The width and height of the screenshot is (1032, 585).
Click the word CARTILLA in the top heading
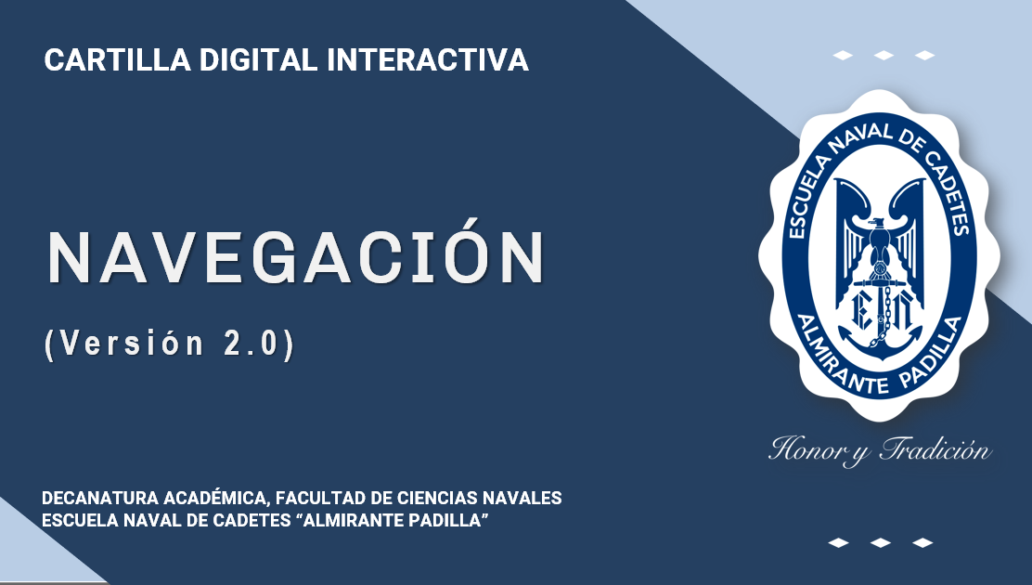click(x=117, y=60)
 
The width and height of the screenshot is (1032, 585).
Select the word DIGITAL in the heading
click(x=259, y=60)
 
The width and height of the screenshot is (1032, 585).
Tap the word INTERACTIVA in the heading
click(x=428, y=60)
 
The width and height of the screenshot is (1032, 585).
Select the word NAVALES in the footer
click(x=522, y=498)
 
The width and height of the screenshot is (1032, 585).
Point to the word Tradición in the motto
click(x=935, y=450)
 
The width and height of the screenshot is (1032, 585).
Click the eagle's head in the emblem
click(x=878, y=226)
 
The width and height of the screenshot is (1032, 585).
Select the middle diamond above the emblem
click(x=884, y=56)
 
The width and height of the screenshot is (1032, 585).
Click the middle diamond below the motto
click(x=880, y=543)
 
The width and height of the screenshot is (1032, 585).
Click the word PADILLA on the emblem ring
click(x=935, y=355)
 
